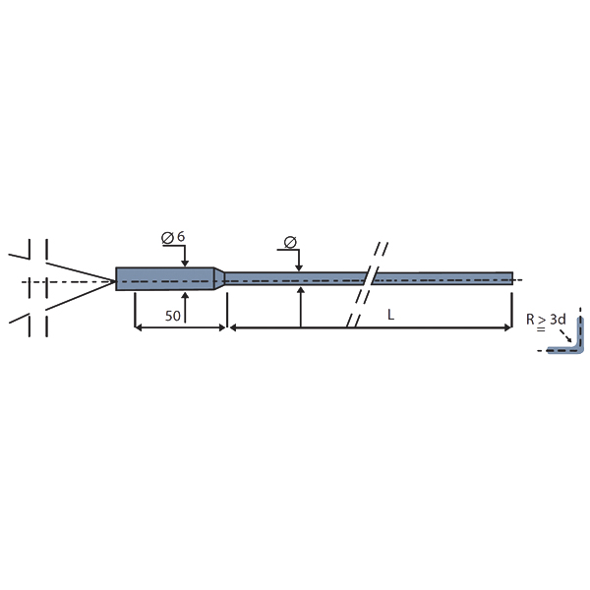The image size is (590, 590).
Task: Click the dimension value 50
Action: pyautogui.click(x=173, y=316)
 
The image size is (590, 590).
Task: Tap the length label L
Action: pyautogui.click(x=391, y=315)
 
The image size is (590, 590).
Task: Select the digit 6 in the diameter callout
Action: pyautogui.click(x=181, y=237)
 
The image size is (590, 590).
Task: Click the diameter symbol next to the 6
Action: pyautogui.click(x=167, y=238)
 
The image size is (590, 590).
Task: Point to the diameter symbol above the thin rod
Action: pyautogui.click(x=290, y=242)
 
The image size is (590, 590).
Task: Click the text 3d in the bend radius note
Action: pyautogui.click(x=558, y=320)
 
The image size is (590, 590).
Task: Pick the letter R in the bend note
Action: pyautogui.click(x=530, y=320)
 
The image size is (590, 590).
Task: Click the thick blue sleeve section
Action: pyautogui.click(x=165, y=279)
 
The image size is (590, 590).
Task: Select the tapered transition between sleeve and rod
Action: pyautogui.click(x=219, y=279)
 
